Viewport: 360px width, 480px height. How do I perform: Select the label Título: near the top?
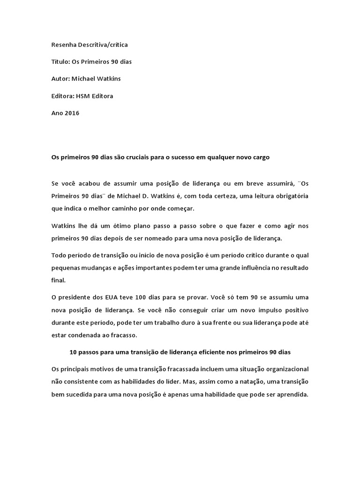point(60,62)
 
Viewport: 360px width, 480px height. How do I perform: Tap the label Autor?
point(60,79)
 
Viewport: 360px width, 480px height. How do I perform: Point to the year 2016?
point(72,113)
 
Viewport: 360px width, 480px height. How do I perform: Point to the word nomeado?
point(172,238)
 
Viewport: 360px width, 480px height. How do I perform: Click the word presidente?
point(77,298)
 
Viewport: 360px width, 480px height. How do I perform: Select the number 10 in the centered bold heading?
point(73,352)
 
